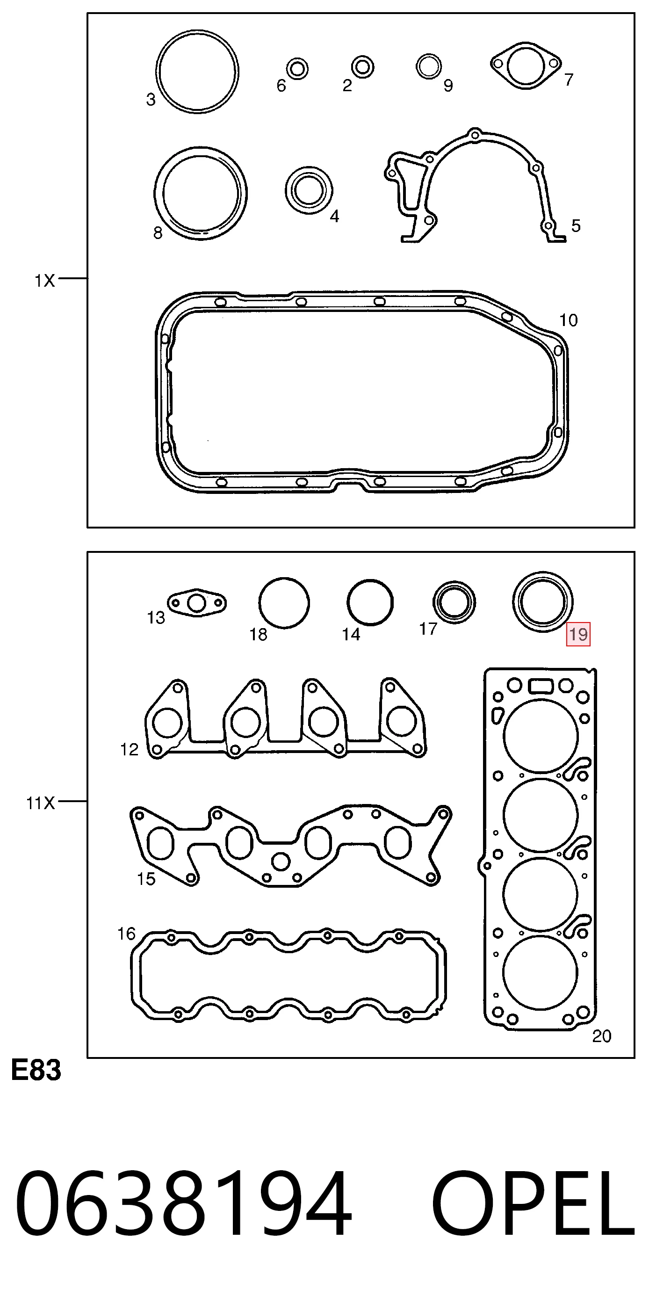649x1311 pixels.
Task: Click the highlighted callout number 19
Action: click(x=578, y=634)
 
